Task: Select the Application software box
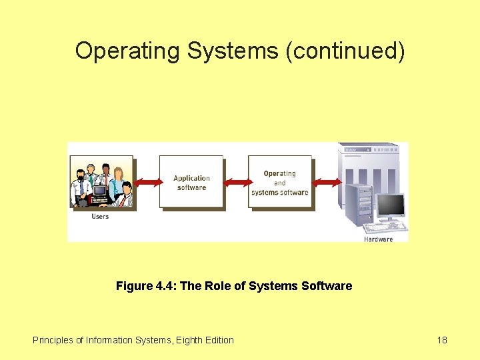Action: [191, 183]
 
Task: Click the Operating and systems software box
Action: [280, 183]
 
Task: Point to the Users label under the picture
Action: [100, 216]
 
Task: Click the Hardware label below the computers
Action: [378, 239]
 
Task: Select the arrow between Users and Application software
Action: [147, 183]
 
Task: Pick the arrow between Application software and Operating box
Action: [236, 183]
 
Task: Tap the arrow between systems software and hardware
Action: [326, 183]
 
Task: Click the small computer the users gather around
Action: [100, 193]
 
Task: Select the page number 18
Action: [442, 340]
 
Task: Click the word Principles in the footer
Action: [53, 340]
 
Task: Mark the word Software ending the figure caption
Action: [327, 286]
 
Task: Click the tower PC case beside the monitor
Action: [359, 205]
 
